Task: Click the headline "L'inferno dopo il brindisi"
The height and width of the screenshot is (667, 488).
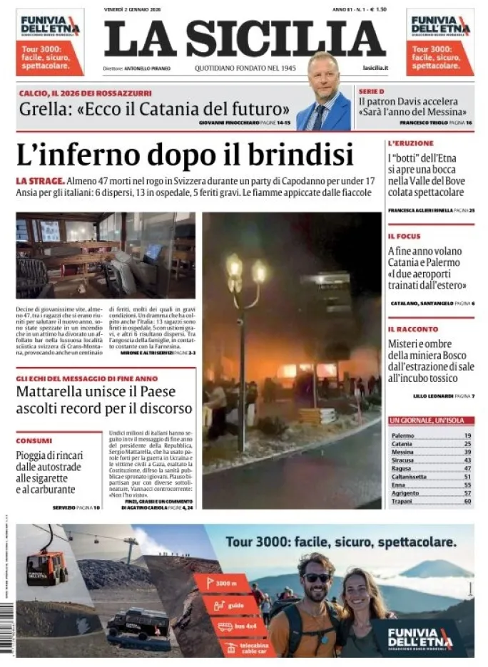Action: pos(184,155)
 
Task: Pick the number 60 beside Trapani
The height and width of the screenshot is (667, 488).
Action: pos(467,501)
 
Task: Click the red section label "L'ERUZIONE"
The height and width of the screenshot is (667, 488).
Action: pos(411,143)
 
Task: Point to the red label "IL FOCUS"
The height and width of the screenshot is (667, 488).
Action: pos(405,236)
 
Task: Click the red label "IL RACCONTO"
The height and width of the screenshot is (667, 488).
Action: pos(413,329)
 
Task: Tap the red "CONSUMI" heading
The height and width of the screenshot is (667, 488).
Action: pos(34,440)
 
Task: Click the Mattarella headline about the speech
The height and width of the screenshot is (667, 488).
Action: pos(104,400)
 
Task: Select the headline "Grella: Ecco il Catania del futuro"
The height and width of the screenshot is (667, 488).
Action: pos(154,109)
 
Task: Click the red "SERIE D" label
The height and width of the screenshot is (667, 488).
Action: pos(372,92)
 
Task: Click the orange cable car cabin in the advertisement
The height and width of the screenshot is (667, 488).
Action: pos(46,568)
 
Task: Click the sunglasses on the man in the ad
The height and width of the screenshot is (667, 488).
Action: pos(316,577)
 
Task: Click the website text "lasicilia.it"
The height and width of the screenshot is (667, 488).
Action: pos(375,68)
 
